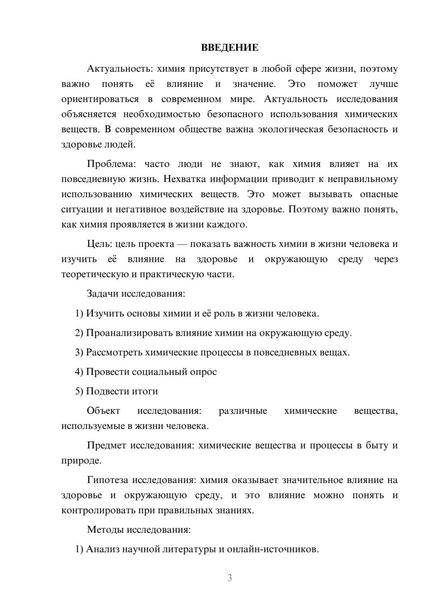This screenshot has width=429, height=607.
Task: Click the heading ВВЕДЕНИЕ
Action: click(230, 48)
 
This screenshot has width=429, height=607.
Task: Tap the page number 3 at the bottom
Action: click(230, 578)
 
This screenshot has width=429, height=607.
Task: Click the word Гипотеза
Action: click(108, 480)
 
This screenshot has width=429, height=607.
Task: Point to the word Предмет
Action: click(106, 445)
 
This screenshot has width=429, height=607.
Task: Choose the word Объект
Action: click(103, 411)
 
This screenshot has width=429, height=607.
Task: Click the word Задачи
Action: click(103, 294)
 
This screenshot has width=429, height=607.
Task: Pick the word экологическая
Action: click(290, 129)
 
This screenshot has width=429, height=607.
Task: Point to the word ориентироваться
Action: click(100, 99)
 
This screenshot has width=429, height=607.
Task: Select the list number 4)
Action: click(79, 372)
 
